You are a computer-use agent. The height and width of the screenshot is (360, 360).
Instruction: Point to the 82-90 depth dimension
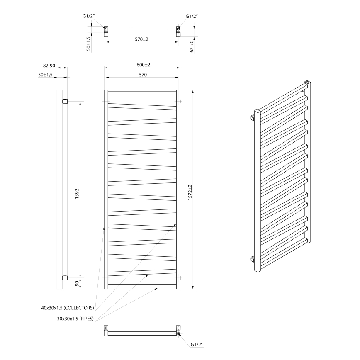[49, 66]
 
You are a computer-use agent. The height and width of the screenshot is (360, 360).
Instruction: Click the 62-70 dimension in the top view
[192, 46]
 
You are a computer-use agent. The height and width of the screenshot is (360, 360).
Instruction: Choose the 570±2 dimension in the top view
[141, 39]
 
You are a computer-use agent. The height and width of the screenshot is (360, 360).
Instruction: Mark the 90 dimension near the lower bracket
[77, 284]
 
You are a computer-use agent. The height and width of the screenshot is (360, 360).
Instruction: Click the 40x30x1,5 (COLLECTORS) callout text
[68, 308]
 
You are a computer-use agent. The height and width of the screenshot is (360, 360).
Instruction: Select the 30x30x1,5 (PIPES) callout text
[75, 319]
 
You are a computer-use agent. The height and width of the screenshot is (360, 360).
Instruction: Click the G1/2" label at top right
[192, 16]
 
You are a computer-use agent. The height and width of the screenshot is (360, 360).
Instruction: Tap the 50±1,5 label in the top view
[88, 43]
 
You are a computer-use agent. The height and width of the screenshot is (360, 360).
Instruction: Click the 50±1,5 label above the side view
[45, 75]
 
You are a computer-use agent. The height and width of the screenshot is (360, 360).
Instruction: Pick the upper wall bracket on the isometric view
[252, 118]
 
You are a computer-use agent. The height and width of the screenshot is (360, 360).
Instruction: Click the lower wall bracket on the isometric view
[252, 259]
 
